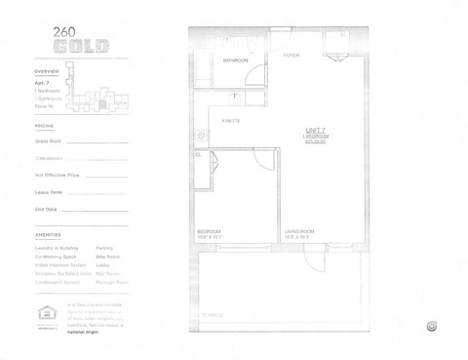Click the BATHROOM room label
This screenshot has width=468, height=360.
pyautogui.click(x=235, y=60)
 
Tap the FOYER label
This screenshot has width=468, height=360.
pyautogui.click(x=291, y=56)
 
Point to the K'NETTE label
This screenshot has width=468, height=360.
pyautogui.click(x=231, y=120)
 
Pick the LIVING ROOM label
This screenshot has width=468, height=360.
pyautogui.click(x=298, y=231)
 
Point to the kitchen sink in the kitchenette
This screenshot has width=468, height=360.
pyautogui.click(x=200, y=135)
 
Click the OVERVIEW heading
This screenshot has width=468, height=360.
pyautogui.click(x=47, y=72)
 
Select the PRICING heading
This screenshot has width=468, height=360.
pyautogui.click(x=44, y=126)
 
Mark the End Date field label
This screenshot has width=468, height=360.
pyautogui.click(x=46, y=209)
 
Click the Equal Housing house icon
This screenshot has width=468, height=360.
pyautogui.click(x=44, y=312)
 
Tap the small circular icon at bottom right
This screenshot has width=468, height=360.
pyautogui.click(x=431, y=326)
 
